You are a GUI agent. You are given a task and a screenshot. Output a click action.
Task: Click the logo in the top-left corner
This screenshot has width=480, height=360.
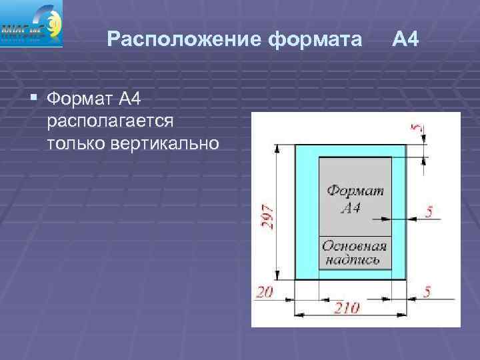click(32, 24)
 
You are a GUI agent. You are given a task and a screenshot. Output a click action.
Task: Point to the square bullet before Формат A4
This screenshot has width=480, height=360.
click(34, 100)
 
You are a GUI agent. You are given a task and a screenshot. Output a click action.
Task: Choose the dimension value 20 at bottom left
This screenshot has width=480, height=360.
click(264, 291)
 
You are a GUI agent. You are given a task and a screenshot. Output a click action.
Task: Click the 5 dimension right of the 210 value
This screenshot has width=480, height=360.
click(427, 291)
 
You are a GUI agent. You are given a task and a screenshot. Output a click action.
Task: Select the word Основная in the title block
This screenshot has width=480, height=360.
click(355, 246)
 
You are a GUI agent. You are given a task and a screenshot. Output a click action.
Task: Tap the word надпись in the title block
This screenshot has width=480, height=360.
click(353, 259)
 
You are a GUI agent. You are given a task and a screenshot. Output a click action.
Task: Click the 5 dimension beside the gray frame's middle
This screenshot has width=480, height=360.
click(429, 212)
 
